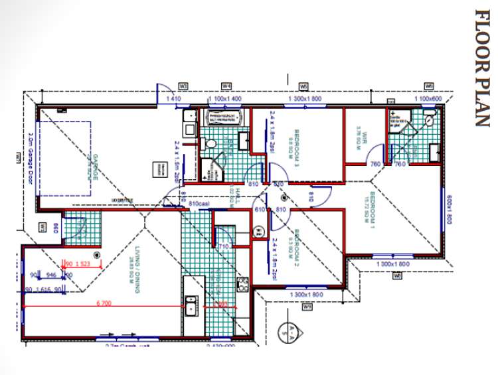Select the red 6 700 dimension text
[x=103, y=303]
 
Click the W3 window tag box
[x=184, y=86]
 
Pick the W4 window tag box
[x=226, y=86]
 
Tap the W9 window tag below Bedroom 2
[x=307, y=307]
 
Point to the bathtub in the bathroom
[x=226, y=118]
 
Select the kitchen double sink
[x=191, y=305]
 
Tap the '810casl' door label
[x=199, y=202]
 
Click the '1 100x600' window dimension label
[x=429, y=98]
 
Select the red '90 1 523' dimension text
[x=78, y=263]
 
